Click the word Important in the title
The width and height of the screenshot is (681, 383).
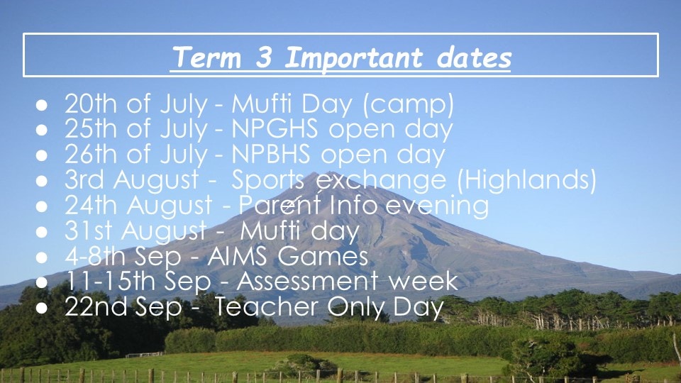(353, 57)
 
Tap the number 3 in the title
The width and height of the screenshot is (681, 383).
(264, 57)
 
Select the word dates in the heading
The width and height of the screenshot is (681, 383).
(474, 57)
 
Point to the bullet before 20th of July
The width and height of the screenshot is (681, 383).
(42, 105)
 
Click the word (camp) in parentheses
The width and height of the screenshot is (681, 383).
(408, 104)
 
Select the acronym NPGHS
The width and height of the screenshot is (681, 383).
(275, 128)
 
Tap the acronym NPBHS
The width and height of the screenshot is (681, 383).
(271, 154)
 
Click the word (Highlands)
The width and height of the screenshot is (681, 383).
(527, 179)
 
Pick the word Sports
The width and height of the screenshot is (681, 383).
(268, 180)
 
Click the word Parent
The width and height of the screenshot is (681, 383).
(280, 204)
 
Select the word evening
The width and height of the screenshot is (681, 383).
(437, 206)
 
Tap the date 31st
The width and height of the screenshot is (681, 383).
(89, 230)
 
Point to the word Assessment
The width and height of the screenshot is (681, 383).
(307, 281)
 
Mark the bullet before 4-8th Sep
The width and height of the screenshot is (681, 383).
(42, 257)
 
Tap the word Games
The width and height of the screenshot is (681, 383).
(323, 256)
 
